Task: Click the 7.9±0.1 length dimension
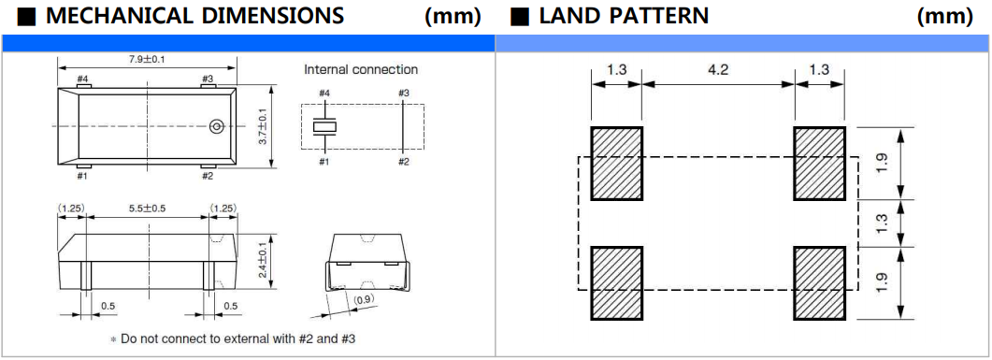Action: pyautogui.click(x=147, y=60)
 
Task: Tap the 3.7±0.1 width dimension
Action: pyautogui.click(x=263, y=126)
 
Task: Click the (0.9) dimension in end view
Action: pyautogui.click(x=363, y=299)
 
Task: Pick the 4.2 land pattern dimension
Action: pyautogui.click(x=718, y=69)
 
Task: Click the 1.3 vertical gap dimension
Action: pyautogui.click(x=882, y=223)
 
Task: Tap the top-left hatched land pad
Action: pyautogui.click(x=616, y=164)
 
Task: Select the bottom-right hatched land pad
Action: pyautogui.click(x=820, y=282)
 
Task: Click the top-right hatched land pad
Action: pyautogui.click(x=820, y=164)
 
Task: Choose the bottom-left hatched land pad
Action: pyautogui.click(x=616, y=282)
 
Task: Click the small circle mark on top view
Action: pyautogui.click(x=216, y=126)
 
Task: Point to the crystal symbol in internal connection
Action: pyautogui.click(x=324, y=126)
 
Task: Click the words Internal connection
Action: pyautogui.click(x=361, y=69)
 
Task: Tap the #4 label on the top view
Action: pyautogui.click(x=82, y=79)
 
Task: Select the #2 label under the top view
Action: pyautogui.click(x=208, y=176)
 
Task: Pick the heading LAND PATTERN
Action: pyautogui.click(x=624, y=17)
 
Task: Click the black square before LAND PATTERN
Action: pyautogui.click(x=520, y=17)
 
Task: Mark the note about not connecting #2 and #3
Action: pyautogui.click(x=233, y=339)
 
